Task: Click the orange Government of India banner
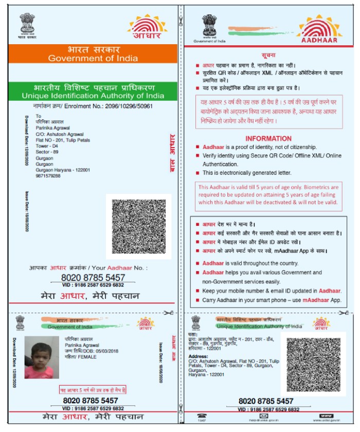pyautogui.click(x=93, y=53)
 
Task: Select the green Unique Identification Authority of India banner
pyautogui.click(x=93, y=91)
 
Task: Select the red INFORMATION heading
pyautogui.click(x=268, y=138)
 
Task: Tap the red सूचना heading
pyautogui.click(x=269, y=55)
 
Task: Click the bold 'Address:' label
pyautogui.click(x=199, y=355)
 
